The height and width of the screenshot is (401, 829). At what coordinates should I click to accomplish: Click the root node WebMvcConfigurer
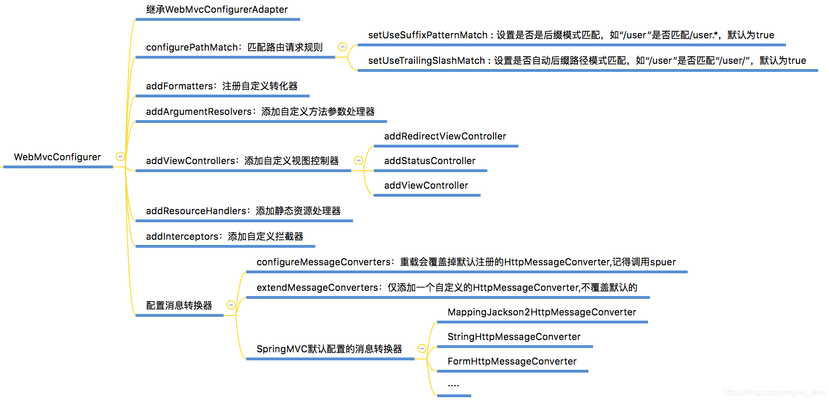[x=57, y=157]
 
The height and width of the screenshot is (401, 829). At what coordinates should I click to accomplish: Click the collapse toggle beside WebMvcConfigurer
[x=121, y=157]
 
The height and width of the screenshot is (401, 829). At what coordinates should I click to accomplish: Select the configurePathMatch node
[x=234, y=47]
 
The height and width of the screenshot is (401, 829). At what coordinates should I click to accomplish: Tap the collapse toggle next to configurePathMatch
[x=343, y=47]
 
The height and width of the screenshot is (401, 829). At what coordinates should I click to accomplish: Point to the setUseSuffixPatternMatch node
[x=570, y=35]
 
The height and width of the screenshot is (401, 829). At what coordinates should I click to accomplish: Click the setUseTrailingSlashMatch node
[x=587, y=61]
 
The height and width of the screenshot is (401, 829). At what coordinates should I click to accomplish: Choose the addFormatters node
[x=222, y=86]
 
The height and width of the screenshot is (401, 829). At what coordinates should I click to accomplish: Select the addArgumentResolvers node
[x=260, y=112]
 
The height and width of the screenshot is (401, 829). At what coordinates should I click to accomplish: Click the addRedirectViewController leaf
[x=445, y=136]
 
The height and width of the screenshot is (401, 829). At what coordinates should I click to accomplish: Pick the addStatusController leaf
[x=430, y=161]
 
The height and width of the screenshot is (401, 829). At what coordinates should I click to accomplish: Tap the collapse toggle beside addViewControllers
[x=359, y=160]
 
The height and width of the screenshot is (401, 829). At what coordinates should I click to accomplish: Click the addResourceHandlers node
[x=243, y=211]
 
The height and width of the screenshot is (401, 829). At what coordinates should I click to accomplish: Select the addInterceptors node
[x=225, y=236]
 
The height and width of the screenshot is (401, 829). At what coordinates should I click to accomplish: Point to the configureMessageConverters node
[x=466, y=262]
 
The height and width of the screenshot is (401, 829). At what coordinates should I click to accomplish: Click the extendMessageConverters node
[x=447, y=288]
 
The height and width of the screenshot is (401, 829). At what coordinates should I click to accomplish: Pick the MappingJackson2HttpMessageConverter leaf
[x=542, y=312]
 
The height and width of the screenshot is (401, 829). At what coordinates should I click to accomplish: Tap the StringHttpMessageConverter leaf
[x=514, y=337]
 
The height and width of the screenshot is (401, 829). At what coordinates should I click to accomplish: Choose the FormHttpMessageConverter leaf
[x=512, y=361]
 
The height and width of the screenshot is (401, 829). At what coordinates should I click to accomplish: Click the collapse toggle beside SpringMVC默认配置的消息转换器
[x=422, y=349]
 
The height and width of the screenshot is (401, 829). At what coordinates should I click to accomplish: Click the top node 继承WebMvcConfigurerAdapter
[x=216, y=9]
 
